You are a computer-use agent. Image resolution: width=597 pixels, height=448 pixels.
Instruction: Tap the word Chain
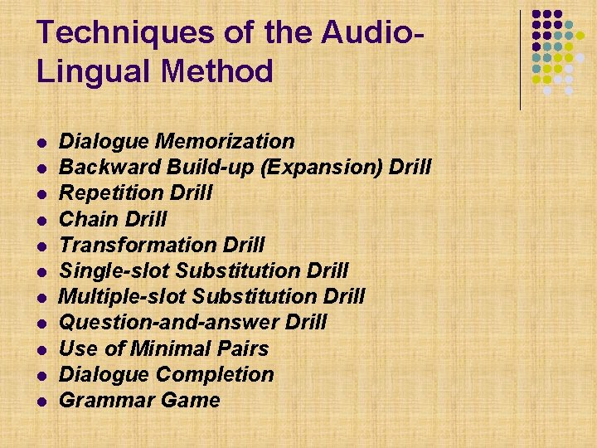coord(87,219)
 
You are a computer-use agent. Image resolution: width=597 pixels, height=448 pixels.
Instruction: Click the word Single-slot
coord(115,270)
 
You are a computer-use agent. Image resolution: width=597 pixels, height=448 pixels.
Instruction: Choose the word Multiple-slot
coord(124,296)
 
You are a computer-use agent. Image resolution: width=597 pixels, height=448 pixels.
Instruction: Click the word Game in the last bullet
coord(192,401)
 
